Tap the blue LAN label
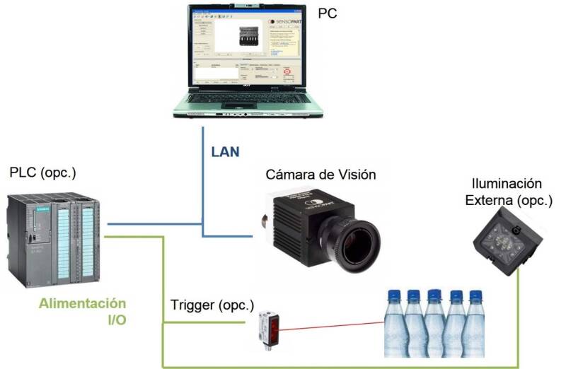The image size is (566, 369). (226, 151)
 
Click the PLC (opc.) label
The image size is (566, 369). (43, 172)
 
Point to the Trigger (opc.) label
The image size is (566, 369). (212, 306)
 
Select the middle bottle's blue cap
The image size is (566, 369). (434, 293)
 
